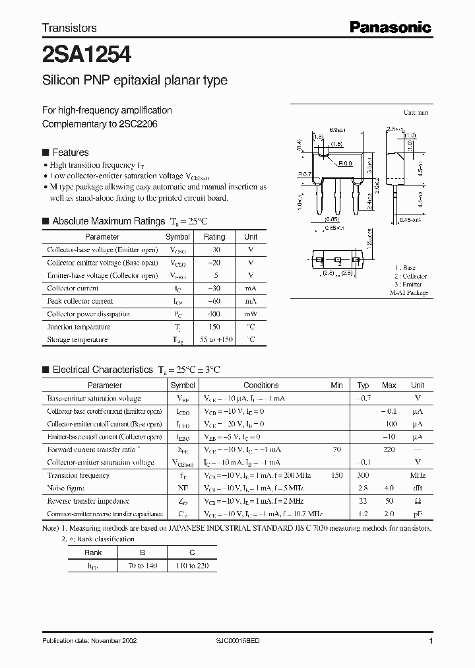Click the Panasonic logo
(390, 27)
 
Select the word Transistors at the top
(69, 28)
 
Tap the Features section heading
(70, 152)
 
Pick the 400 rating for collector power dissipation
(214, 314)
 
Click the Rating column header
(214, 236)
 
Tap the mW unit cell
(251, 314)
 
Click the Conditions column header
(261, 385)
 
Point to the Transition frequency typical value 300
(363, 475)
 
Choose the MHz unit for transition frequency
(418, 475)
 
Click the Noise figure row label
(66, 488)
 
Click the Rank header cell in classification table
(93, 553)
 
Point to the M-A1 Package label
(408, 292)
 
